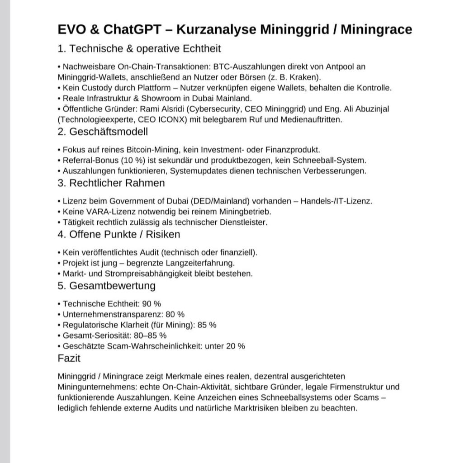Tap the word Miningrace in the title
[x=376, y=30]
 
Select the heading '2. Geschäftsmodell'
[x=103, y=132]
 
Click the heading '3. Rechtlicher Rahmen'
[x=111, y=183]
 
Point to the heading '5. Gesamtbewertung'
[x=107, y=285]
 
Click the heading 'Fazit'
[x=70, y=358]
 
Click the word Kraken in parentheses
[x=307, y=77]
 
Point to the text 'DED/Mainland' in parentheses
[x=223, y=201]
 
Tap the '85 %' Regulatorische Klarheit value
[x=208, y=325]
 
